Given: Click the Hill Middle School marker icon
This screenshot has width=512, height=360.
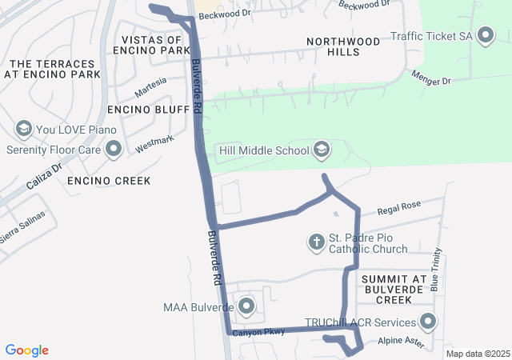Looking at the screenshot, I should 321,150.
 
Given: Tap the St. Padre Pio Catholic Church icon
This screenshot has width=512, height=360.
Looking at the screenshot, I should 317,241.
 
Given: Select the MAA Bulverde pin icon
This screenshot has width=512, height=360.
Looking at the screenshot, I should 246,306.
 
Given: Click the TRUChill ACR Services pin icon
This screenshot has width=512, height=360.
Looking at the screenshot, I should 428,322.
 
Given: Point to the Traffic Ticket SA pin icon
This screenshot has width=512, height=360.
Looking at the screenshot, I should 485,35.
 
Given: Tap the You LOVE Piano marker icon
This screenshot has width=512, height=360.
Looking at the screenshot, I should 24,129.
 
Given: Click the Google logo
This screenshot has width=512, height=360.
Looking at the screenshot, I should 27,350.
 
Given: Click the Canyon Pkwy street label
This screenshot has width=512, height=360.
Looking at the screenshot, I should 261,331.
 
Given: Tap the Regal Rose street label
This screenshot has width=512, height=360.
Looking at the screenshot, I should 399,206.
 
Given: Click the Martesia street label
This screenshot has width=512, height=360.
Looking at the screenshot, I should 150,82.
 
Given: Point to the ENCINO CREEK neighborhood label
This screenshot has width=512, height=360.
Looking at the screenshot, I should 109,181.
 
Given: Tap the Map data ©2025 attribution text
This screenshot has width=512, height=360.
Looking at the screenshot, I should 478,354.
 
